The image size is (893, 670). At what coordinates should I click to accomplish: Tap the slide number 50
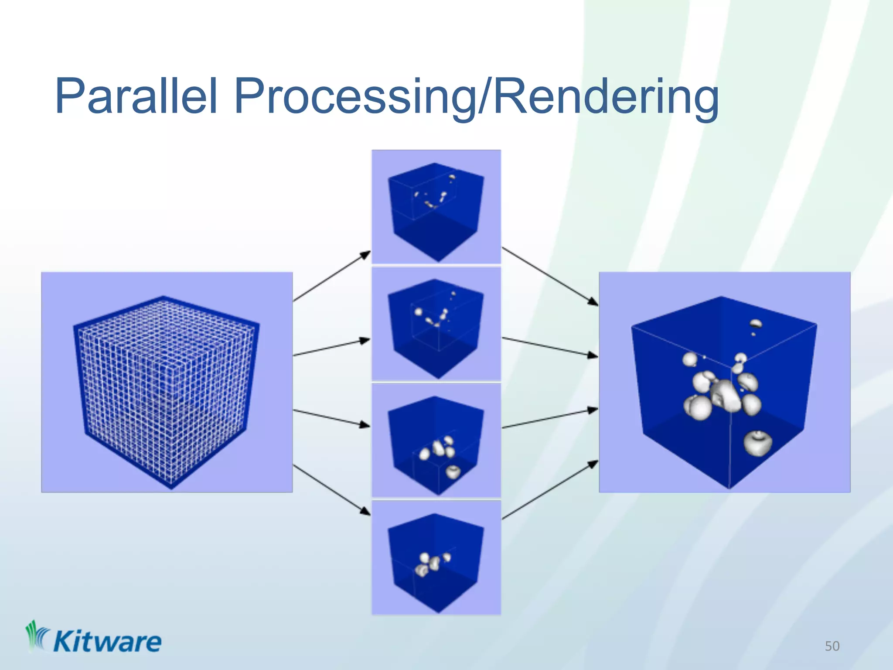[832, 646]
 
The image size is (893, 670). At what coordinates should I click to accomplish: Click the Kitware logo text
[107, 642]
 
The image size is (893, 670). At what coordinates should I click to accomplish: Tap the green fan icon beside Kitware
[37, 636]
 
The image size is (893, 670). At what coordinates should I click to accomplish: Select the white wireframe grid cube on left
[166, 388]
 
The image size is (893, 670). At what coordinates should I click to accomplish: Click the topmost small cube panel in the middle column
[436, 207]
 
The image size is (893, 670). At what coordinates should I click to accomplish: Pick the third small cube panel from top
[436, 441]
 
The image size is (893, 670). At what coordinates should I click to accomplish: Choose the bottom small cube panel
[436, 557]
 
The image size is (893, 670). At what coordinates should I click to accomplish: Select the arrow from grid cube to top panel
[331, 276]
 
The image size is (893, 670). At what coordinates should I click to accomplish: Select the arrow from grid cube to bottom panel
[331, 490]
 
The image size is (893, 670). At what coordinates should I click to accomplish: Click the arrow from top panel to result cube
[549, 276]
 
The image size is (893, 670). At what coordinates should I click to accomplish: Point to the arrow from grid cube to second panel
[331, 348]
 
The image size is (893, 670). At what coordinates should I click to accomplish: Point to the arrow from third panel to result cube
[549, 419]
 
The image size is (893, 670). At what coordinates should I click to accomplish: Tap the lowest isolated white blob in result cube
[757, 443]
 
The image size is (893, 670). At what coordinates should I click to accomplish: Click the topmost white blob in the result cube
[756, 324]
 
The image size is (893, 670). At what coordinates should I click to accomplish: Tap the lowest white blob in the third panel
[453, 472]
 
